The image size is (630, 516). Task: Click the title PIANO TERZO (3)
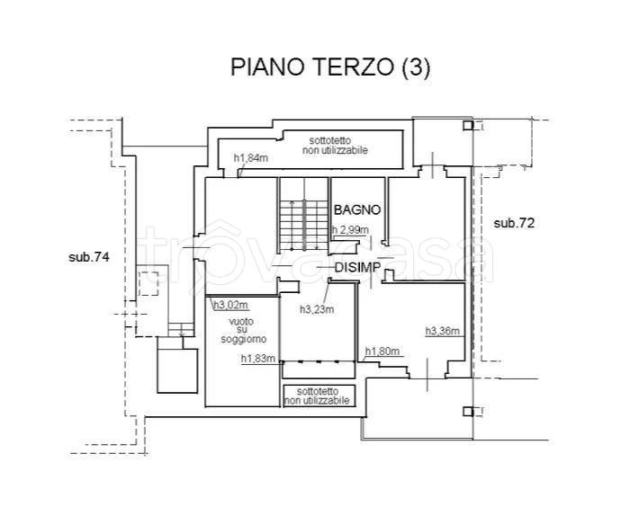[x=330, y=67]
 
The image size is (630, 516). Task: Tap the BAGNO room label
[x=357, y=209]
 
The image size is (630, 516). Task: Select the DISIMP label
[x=357, y=267]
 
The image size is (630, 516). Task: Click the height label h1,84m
[x=251, y=158]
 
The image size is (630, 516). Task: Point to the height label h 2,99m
[x=350, y=230]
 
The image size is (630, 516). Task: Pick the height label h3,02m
[x=231, y=306]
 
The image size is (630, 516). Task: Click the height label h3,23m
[x=317, y=309]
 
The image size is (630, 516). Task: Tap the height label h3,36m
[x=443, y=331]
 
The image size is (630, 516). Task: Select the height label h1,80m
[x=382, y=351]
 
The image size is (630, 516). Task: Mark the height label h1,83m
[x=258, y=359]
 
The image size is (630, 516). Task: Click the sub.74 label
[x=89, y=257]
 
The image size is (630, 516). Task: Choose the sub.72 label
[x=514, y=223]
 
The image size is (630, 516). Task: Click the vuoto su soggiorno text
[x=242, y=330]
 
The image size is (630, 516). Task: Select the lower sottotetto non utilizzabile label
[x=318, y=396]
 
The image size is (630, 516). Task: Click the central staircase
[x=304, y=225]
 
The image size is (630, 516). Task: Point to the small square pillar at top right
[x=468, y=126]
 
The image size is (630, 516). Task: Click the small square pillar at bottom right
[x=468, y=412]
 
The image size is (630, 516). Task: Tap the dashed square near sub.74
[x=148, y=283]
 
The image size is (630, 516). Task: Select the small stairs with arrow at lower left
[x=181, y=329]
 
